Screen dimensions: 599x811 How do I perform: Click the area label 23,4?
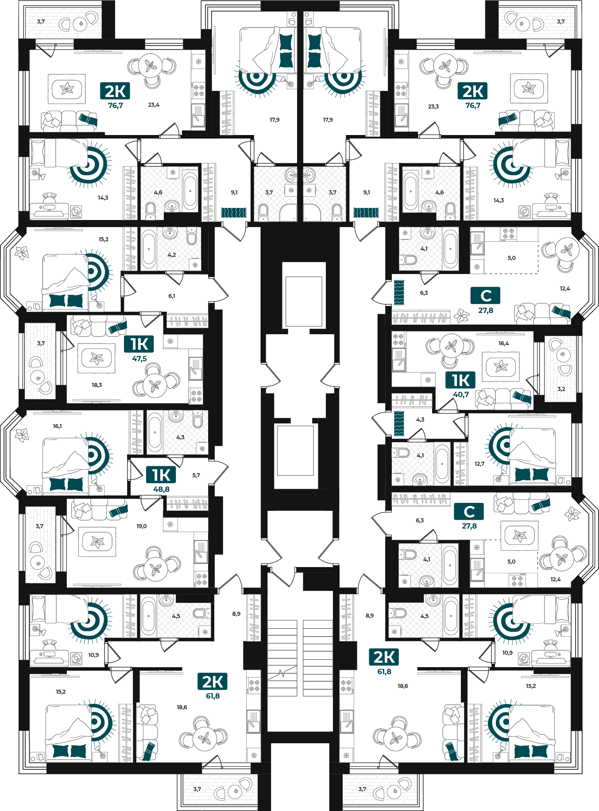point(154,105)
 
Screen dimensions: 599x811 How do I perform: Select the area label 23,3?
point(433,107)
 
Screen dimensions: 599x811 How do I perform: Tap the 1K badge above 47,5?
point(139,344)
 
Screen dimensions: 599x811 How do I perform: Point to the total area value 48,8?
point(161,489)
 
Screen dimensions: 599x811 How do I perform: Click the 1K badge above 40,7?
point(460,380)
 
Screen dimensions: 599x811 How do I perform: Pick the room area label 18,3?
point(97,385)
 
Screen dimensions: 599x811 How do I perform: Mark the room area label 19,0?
point(141,526)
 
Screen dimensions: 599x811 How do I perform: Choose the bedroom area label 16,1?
point(57,426)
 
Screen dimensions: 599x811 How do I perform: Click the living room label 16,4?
point(503,344)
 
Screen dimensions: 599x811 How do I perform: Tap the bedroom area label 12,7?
point(479,464)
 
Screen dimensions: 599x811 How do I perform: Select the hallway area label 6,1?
point(171,296)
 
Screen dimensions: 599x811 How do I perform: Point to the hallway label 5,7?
point(196,475)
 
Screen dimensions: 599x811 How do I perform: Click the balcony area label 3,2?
point(561,389)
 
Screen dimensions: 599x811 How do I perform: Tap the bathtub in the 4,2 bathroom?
point(149,249)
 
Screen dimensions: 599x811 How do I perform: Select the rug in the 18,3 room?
point(97,358)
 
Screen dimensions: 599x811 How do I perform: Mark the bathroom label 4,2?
point(172,255)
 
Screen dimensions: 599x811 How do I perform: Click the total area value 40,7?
point(460,394)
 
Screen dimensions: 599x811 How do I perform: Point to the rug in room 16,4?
point(501,367)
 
